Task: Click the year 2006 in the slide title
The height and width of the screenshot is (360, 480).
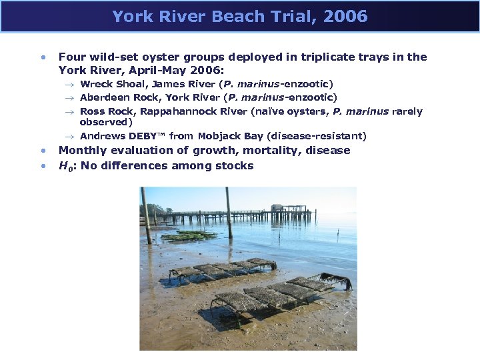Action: point(346,17)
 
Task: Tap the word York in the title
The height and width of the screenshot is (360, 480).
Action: point(131,17)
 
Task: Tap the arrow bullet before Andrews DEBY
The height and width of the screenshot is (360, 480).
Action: point(70,137)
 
